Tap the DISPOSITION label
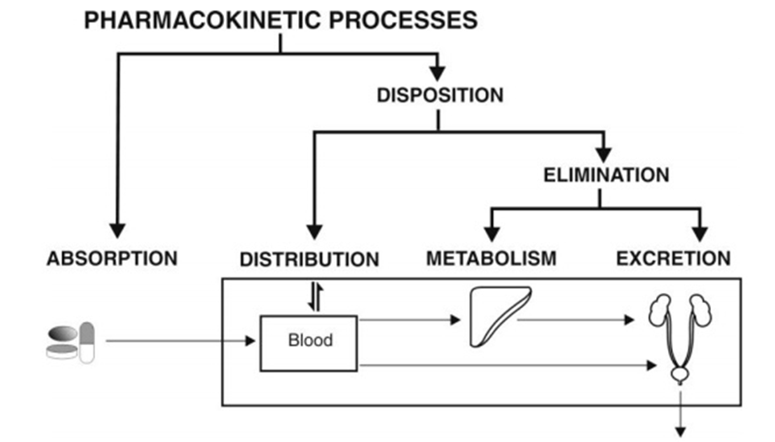coord(439,95)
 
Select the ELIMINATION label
coord(606,175)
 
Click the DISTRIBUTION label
coord(309,259)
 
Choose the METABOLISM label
coord(491,258)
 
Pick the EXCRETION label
coord(673,258)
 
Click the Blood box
coord(309,341)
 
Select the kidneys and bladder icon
coord(679,333)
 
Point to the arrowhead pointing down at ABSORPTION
coord(118,229)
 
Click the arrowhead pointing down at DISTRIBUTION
coord(314,231)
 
